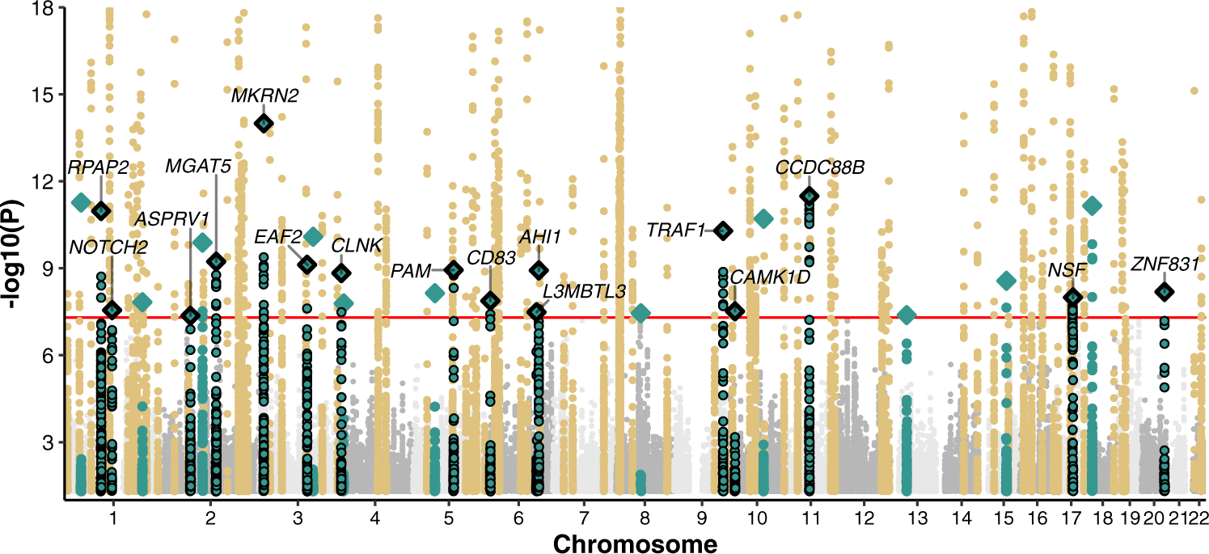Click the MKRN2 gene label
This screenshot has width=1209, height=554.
click(264, 96)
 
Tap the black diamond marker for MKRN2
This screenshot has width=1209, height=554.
click(264, 123)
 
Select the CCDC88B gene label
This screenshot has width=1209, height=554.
click(820, 167)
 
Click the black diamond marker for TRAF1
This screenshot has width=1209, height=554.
click(723, 230)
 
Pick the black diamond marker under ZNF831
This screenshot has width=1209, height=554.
click(1165, 291)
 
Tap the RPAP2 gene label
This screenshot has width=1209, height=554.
click(98, 167)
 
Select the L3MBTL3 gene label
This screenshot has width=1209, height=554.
click(584, 291)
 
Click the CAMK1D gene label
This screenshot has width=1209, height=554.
click(770, 277)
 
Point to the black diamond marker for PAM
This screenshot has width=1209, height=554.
click(454, 269)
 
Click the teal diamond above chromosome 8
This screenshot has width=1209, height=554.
click(640, 313)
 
